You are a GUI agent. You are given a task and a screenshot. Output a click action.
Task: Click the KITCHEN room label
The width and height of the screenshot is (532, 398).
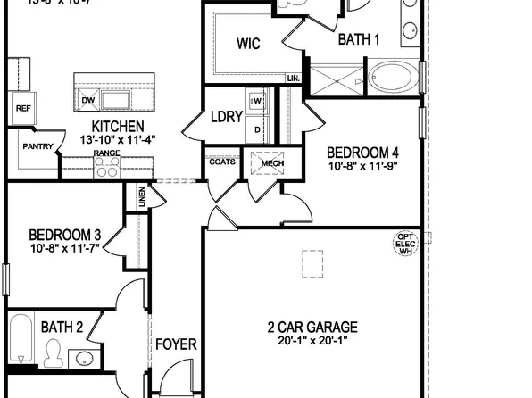coord(119,126)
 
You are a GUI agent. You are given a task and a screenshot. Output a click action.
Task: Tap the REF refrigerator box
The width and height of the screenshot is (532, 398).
coord(22,108)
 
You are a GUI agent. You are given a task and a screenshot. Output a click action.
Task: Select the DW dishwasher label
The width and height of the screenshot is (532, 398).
coord(87,100)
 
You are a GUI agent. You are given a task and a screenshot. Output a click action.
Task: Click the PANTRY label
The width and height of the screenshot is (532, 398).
coord(37,147)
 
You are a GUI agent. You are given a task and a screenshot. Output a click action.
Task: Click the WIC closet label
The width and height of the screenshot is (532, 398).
coord(248,45)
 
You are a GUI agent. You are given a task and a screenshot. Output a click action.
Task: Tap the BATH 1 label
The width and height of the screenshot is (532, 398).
coord(359,39)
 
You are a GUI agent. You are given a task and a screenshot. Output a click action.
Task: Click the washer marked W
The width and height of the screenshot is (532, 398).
coord(257,101)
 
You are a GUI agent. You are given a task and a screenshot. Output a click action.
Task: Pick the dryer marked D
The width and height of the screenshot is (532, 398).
coord(257,129)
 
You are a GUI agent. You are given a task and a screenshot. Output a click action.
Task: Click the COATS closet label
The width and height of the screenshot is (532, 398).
coord(222,162)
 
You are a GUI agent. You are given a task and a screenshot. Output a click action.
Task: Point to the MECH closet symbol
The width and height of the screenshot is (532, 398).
coord(266,164)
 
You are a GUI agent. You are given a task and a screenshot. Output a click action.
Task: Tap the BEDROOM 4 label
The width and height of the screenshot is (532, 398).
coord(361,151)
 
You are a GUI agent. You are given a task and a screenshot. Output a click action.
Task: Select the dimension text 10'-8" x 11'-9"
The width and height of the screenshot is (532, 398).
coord(361,166)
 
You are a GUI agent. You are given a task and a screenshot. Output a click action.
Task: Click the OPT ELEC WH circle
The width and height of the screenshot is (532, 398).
coord(406,244)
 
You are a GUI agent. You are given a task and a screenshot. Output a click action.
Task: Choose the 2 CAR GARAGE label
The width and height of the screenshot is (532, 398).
coord(312,327)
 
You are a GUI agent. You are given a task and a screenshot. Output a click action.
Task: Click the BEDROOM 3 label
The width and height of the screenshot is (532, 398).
coord(64,236)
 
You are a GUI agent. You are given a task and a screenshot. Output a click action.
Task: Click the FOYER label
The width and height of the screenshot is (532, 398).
coord(176,344)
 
